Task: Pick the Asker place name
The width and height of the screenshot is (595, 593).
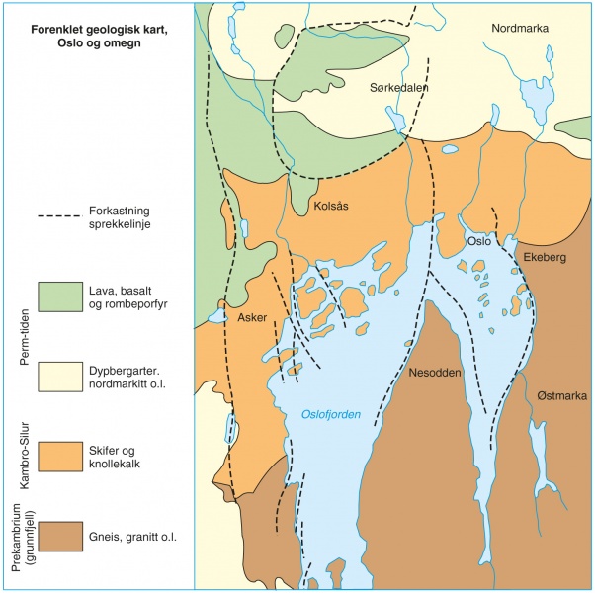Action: pyautogui.click(x=253, y=317)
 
